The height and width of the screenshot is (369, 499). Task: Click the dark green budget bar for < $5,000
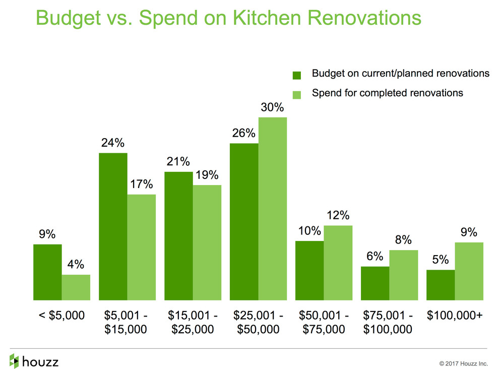click(47, 272)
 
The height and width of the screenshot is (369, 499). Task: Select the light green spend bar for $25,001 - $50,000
click(273, 209)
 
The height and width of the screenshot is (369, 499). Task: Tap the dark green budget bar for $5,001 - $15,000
click(113, 226)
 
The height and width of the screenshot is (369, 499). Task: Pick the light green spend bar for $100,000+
click(469, 271)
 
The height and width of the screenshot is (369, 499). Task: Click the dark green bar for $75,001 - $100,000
click(375, 283)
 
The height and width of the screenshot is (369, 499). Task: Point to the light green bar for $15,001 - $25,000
click(207, 242)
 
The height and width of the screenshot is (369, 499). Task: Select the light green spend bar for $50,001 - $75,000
click(338, 263)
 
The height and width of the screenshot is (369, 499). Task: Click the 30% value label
click(273, 107)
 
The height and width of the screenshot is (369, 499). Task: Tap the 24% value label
click(112, 143)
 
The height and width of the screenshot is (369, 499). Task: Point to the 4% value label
click(76, 265)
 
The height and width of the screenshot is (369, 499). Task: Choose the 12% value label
click(338, 215)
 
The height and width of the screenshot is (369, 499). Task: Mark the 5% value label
click(440, 260)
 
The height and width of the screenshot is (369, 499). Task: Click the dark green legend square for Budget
click(297, 75)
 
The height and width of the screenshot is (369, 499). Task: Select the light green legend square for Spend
click(297, 94)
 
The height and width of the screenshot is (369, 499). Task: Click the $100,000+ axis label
click(455, 316)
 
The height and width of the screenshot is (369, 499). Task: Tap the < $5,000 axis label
click(61, 316)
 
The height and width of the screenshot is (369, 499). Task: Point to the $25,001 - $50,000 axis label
click(258, 323)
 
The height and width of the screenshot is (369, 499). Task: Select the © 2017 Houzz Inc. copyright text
click(463, 362)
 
